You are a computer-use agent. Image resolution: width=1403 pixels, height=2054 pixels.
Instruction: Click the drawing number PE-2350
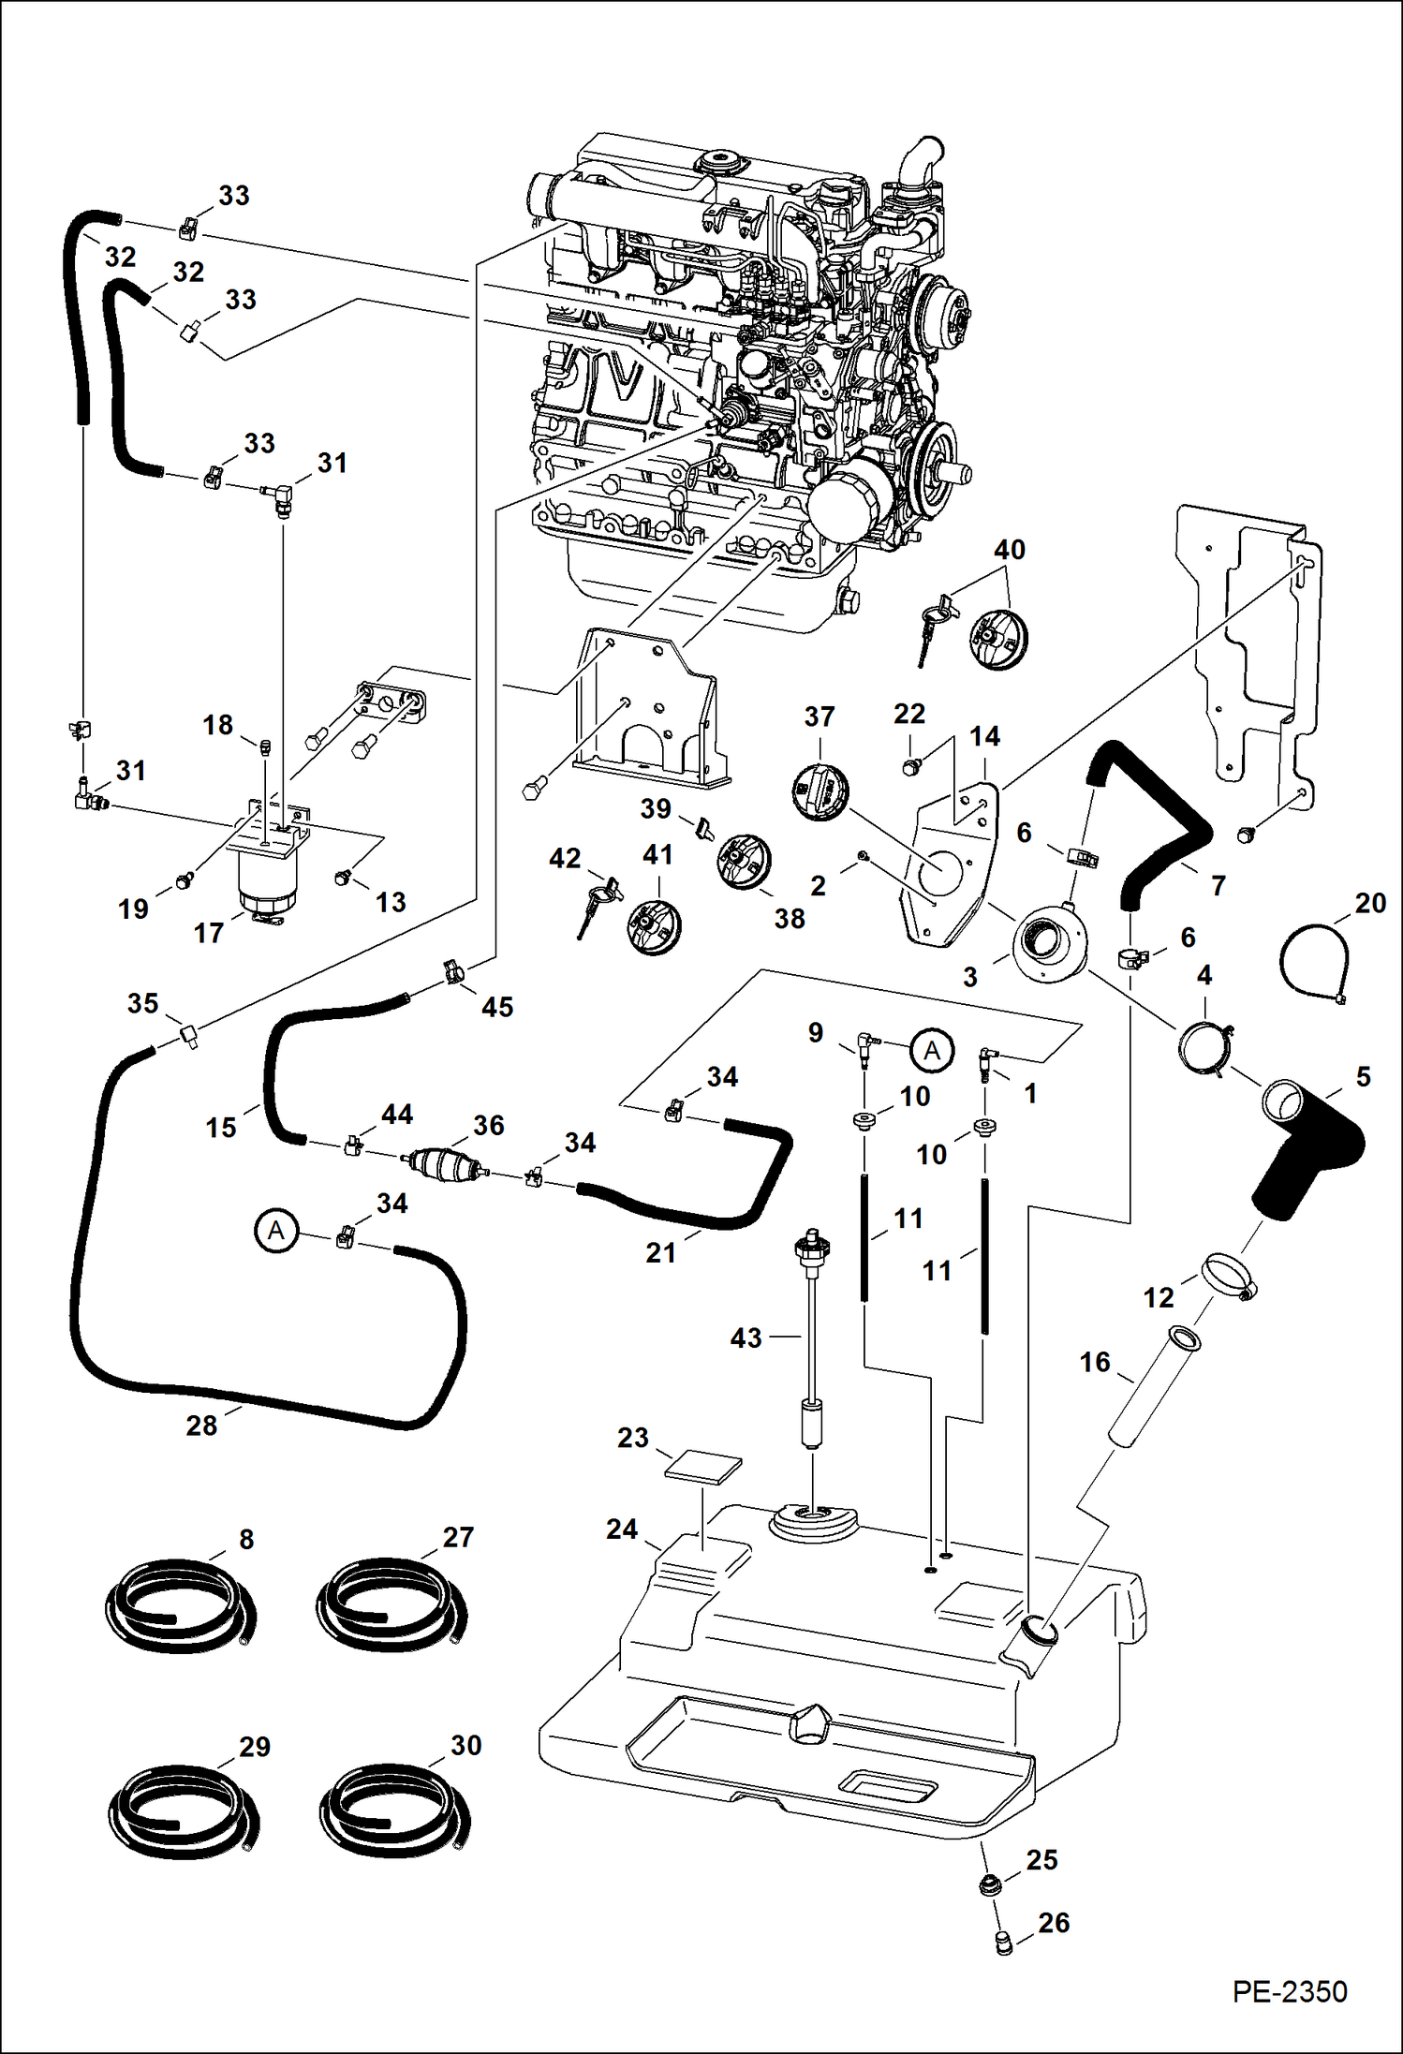1289,1991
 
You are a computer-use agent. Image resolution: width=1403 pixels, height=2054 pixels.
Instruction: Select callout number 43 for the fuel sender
746,1338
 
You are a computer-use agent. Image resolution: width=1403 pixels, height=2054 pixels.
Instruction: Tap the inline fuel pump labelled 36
441,1164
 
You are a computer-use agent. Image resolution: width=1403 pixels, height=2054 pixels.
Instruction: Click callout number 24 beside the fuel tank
622,1529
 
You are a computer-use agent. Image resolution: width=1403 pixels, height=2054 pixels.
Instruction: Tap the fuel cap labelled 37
820,792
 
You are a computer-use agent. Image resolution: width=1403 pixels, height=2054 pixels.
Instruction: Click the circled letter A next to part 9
932,1051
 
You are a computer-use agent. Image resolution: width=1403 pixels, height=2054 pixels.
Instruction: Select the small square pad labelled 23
702,1467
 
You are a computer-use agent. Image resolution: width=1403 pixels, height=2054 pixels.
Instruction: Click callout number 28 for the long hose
201,1426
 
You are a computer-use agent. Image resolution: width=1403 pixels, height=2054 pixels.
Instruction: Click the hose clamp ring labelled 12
1227,1276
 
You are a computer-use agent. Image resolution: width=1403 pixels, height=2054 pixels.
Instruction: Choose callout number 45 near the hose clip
497,1007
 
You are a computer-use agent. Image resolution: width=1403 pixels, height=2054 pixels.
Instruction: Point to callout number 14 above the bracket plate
984,737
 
